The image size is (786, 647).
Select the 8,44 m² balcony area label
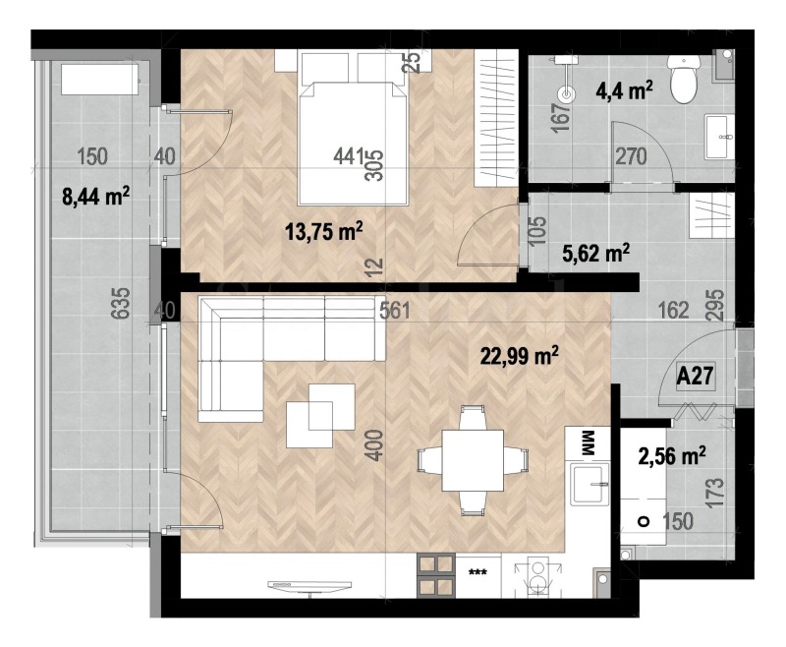96,197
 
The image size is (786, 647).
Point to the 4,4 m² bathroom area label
624,92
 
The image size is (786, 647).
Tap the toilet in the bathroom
684,80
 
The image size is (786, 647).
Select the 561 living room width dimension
395,311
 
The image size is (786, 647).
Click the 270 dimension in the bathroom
631,156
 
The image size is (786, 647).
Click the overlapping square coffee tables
320,406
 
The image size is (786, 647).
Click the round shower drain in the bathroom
566,94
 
